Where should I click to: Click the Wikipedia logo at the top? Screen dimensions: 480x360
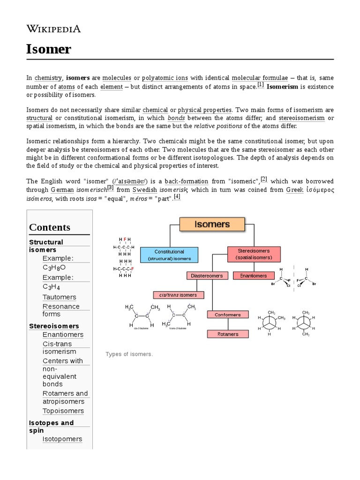[53, 29]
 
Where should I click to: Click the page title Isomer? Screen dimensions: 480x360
[49, 49]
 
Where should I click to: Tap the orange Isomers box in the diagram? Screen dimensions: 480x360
[212, 224]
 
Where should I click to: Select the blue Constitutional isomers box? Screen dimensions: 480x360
[169, 255]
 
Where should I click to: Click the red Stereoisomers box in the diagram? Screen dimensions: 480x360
[253, 254]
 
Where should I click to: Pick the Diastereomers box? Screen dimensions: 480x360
[207, 276]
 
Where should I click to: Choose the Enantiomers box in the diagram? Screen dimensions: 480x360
[254, 276]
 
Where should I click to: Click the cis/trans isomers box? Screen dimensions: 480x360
[178, 295]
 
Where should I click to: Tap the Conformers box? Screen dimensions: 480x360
[227, 315]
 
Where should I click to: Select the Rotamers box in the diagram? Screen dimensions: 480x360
[227, 334]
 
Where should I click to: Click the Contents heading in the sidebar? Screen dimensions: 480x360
[50, 227]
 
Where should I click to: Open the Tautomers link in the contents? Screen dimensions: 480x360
[59, 297]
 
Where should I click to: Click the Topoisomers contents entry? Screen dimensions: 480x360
[63, 411]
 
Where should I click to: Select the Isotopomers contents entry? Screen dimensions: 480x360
[62, 439]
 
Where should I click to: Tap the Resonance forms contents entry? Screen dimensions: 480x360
[61, 310]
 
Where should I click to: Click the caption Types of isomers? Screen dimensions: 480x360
[129, 354]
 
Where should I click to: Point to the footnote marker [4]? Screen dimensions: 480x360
[177, 197]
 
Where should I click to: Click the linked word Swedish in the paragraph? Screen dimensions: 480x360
[145, 190]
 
